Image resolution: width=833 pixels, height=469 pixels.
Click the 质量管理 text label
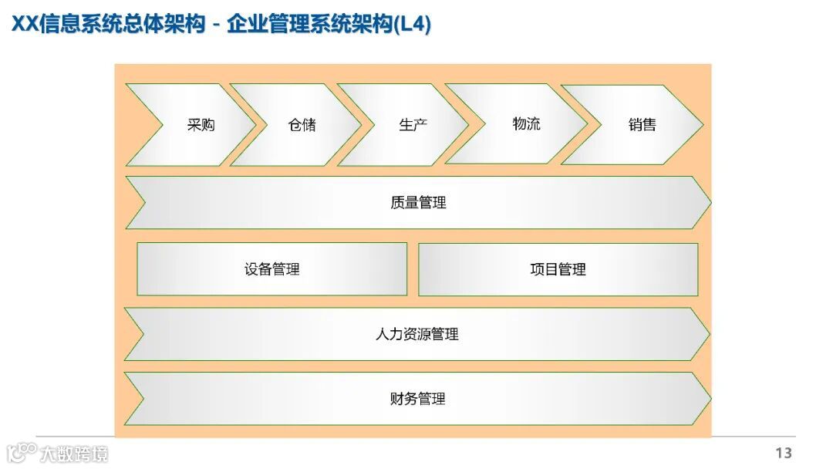coord(418,203)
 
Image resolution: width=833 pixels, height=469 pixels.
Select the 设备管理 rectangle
coord(271,269)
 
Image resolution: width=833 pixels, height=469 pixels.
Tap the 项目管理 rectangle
coord(558,269)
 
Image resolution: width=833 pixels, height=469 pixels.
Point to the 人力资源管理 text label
coord(416,334)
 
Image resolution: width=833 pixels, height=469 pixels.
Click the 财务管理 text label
coord(417,399)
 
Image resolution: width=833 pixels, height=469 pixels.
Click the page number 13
coord(784,453)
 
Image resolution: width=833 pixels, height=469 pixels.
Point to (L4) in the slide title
coord(412,25)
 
